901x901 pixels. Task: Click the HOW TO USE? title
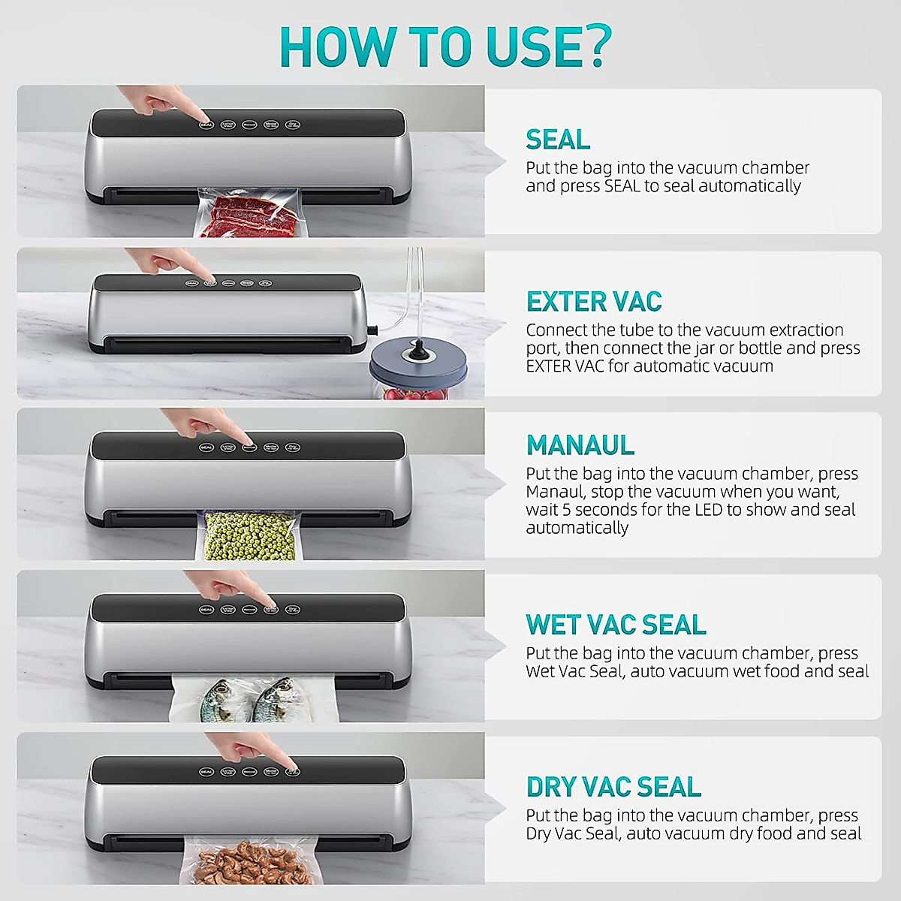(x=445, y=47)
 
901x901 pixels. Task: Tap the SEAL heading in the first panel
(x=558, y=140)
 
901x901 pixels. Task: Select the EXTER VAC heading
(x=593, y=302)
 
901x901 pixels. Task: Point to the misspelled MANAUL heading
(x=580, y=445)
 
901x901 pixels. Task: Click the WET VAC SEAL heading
(x=616, y=625)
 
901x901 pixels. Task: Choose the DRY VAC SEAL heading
(x=613, y=787)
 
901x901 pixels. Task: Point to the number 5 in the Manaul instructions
(x=556, y=510)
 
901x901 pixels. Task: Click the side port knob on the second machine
(x=371, y=328)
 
